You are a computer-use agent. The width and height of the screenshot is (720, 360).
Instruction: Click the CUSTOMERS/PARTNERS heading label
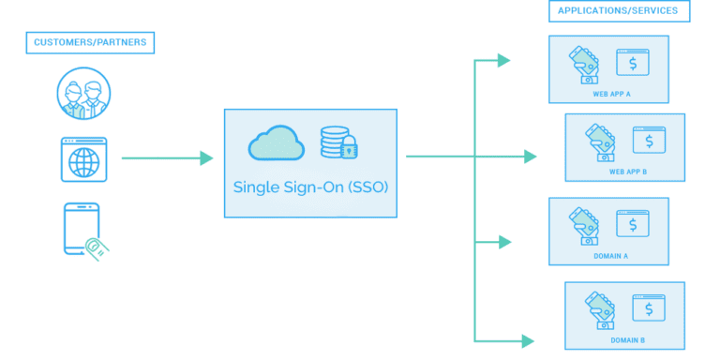click(x=90, y=42)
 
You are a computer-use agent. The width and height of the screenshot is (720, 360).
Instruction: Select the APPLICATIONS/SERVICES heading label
click(x=619, y=11)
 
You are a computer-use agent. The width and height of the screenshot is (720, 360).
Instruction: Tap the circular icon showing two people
click(x=83, y=94)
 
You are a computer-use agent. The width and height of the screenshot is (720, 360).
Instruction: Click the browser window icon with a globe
click(x=83, y=159)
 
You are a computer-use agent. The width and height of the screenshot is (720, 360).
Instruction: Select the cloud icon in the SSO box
click(x=277, y=142)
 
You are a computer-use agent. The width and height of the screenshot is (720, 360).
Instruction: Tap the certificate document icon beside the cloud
click(x=337, y=142)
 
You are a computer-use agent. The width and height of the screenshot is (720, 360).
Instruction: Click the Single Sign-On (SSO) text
click(x=310, y=187)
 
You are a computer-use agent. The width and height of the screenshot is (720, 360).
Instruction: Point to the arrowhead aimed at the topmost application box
click(x=504, y=61)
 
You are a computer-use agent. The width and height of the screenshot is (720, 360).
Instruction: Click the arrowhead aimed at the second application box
click(x=530, y=157)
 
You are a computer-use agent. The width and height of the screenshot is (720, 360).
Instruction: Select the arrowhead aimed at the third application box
click(x=505, y=242)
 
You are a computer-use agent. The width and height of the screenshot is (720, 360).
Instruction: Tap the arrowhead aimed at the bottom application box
click(x=528, y=340)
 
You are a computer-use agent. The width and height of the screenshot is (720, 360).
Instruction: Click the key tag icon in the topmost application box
click(x=585, y=64)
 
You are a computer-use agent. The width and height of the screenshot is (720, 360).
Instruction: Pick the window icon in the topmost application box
click(x=633, y=63)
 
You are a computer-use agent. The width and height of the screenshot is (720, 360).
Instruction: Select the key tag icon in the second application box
click(x=600, y=142)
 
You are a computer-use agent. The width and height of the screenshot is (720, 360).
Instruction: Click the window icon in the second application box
click(x=649, y=141)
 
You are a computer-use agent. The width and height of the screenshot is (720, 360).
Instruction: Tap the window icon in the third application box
click(x=633, y=225)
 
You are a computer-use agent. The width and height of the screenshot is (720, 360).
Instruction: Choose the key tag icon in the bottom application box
click(x=600, y=307)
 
